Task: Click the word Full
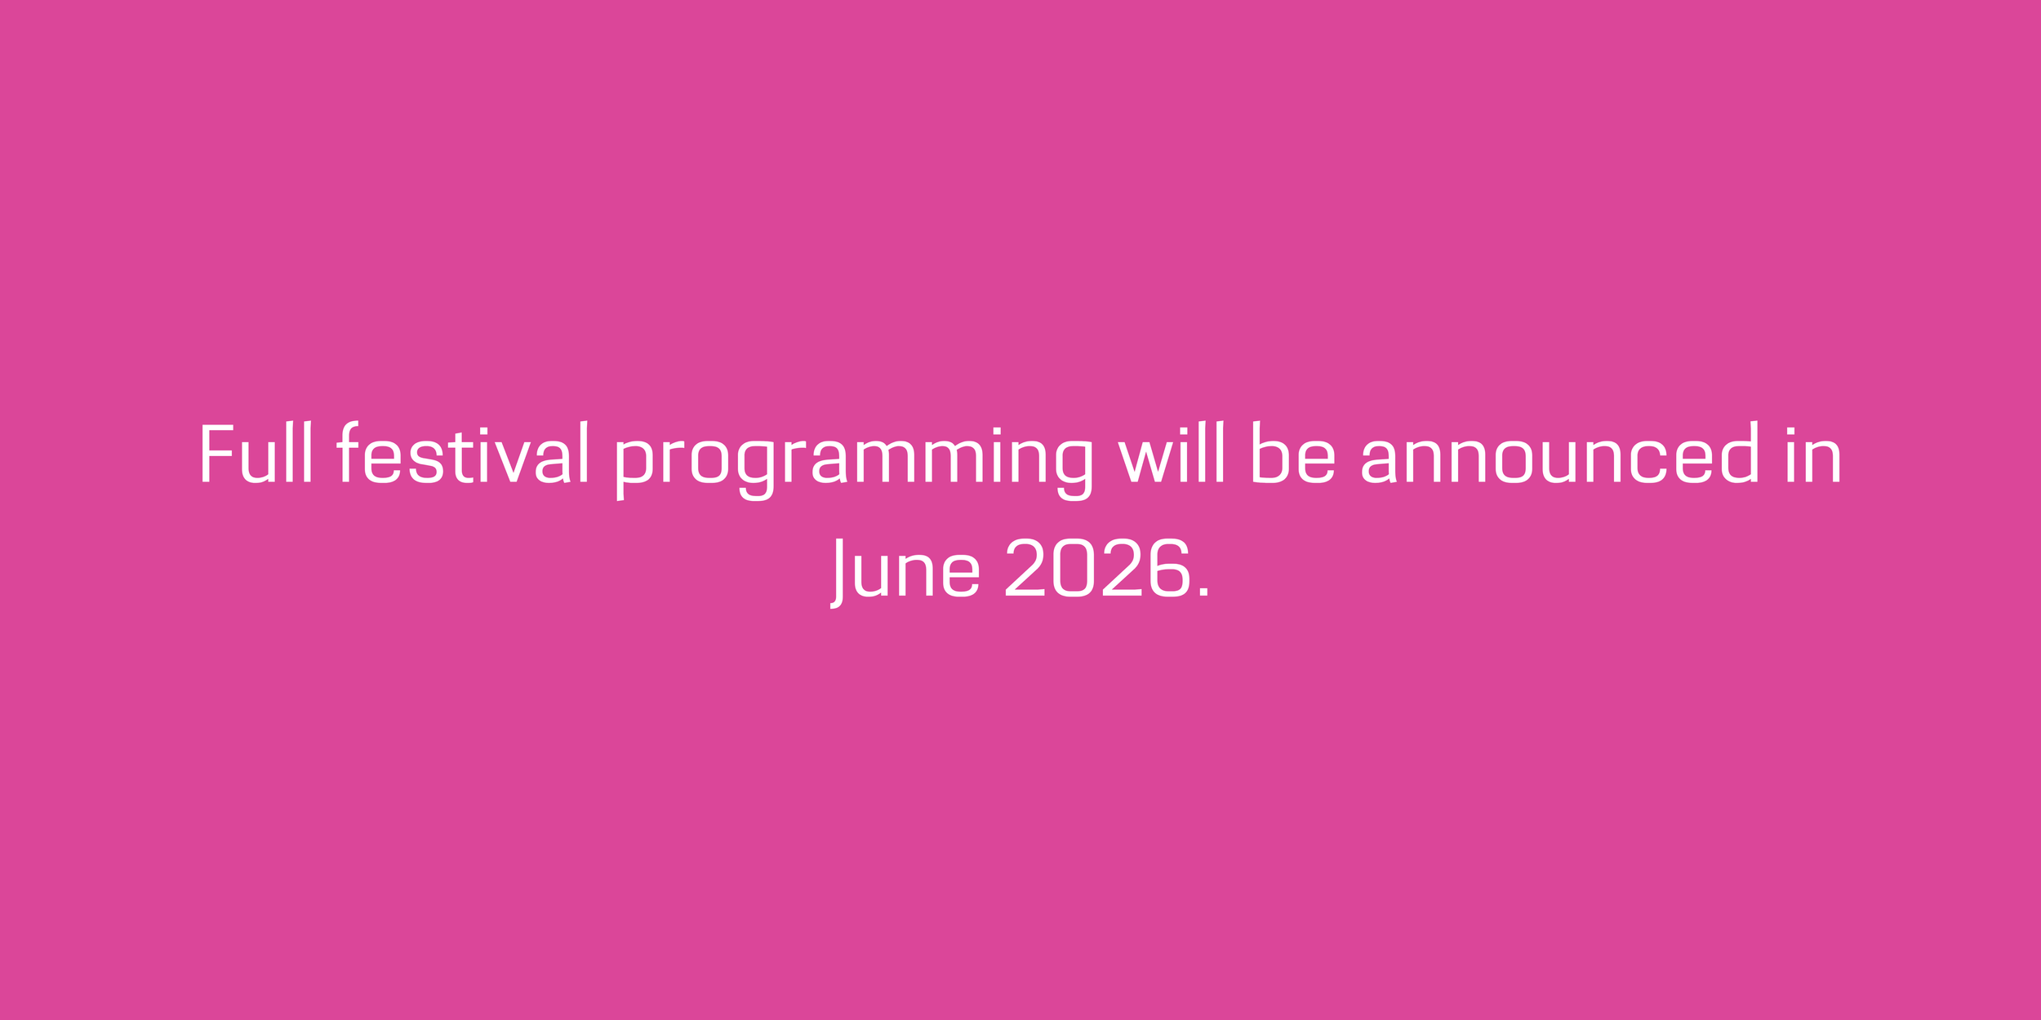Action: (256, 453)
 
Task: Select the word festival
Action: (462, 453)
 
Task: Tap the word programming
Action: (854, 461)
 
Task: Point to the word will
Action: (1171, 453)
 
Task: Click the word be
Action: (1293, 453)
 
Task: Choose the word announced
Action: (1560, 453)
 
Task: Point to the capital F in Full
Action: (216, 454)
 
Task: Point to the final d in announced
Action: (1735, 453)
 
